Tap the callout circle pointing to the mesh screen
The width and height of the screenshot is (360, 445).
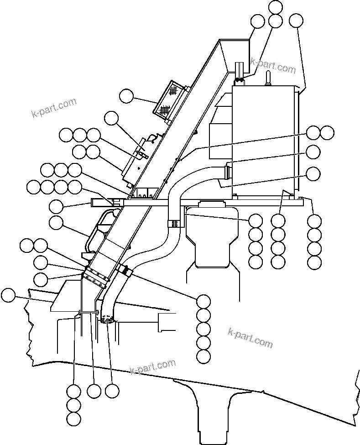[x=126, y=96]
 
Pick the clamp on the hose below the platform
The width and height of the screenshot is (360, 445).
[x=175, y=224]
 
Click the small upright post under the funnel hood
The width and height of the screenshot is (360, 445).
[x=240, y=71]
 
